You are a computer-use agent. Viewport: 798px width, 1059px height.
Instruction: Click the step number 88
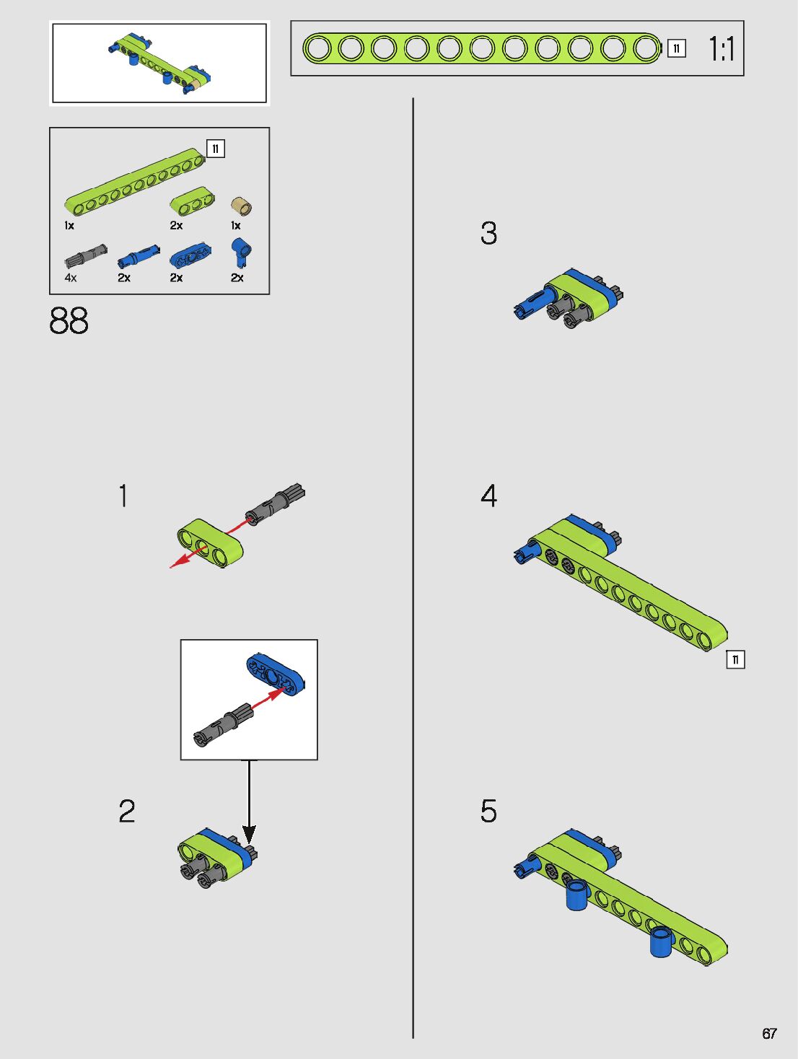[x=69, y=320]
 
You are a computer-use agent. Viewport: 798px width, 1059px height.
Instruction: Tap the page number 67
[x=769, y=1034]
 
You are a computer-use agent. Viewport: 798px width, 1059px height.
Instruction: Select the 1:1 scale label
[x=722, y=49]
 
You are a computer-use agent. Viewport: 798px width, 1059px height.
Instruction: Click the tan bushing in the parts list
[x=241, y=206]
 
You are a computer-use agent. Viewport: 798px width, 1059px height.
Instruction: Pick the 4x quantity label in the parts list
[x=71, y=278]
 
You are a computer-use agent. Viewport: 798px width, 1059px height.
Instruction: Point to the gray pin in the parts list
[x=86, y=255]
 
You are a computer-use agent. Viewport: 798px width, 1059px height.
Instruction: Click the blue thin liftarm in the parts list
[x=190, y=255]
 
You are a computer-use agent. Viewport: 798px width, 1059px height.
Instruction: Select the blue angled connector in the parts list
[x=241, y=252]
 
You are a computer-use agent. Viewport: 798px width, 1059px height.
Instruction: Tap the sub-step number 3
[x=488, y=233]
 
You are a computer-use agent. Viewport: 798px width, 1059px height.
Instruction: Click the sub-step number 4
[x=488, y=496]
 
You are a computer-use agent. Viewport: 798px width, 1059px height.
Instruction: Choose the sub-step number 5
[x=488, y=811]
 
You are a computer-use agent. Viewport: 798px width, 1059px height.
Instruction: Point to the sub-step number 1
[x=123, y=496]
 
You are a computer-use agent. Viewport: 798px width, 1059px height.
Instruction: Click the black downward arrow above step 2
[x=249, y=802]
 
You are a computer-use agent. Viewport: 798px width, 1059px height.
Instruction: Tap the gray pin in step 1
[x=275, y=504]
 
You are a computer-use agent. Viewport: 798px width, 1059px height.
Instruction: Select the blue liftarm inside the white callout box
[x=275, y=675]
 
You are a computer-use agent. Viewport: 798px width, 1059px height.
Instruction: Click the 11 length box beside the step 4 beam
[x=735, y=659]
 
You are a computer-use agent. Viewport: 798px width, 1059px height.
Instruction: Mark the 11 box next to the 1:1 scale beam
[x=676, y=48]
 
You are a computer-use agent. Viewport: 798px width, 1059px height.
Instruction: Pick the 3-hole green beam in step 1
[x=210, y=542]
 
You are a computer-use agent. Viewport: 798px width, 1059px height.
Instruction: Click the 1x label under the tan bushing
[x=235, y=225]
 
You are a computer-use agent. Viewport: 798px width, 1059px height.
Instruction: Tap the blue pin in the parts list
[x=139, y=256]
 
